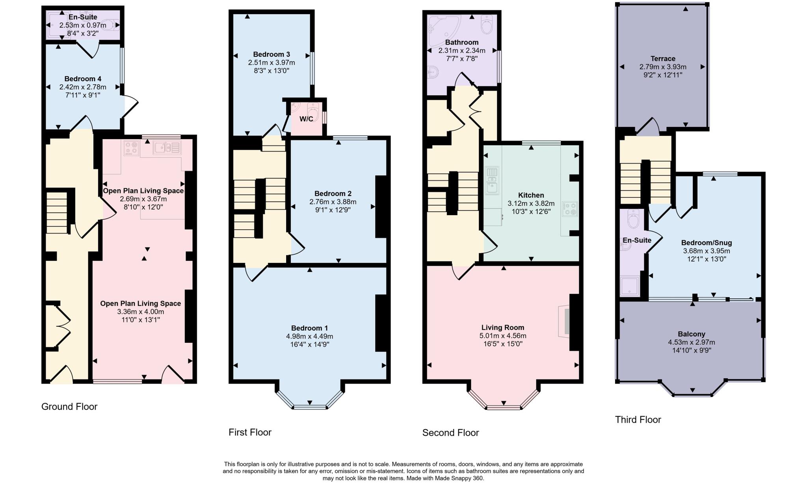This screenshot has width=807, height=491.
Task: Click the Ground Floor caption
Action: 69,407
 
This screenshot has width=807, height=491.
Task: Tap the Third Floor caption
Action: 638,420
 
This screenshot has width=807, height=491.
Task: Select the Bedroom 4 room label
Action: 83,79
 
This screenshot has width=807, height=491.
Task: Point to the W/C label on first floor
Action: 306,119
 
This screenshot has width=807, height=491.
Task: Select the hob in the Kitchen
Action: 570,209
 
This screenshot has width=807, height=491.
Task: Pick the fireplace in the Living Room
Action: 565,321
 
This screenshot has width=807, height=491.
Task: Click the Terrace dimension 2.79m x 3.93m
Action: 663,67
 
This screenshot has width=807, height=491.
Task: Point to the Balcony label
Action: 692,334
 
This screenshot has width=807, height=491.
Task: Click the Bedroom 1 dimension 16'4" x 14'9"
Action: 309,344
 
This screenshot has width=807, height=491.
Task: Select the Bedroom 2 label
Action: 333,193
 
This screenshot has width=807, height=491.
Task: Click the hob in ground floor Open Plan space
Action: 132,149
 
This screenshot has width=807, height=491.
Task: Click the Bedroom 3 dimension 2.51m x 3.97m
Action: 271,63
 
